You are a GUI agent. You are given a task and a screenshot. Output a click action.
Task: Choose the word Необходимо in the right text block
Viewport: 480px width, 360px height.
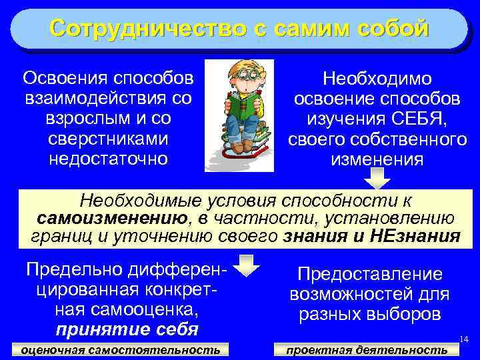pyautogui.click(x=377, y=79)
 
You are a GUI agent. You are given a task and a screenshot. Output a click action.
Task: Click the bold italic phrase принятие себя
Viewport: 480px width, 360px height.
pyautogui.click(x=127, y=329)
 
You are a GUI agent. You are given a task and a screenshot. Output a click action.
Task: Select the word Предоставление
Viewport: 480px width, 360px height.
pyautogui.click(x=369, y=274)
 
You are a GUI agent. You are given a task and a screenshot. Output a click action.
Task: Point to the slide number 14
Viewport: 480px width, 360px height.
pyautogui.click(x=465, y=341)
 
